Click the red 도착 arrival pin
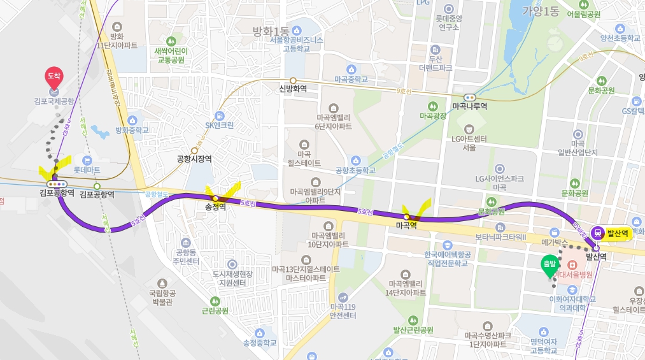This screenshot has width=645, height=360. point(53,77)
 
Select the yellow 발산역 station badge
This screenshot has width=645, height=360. point(611,234)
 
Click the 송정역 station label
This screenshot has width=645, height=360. point(216,207)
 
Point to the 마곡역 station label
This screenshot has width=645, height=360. point(406,226)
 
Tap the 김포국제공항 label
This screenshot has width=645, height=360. point(54,101)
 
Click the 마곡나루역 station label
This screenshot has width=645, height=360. point(469,106)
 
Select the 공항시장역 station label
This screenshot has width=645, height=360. point(195,159)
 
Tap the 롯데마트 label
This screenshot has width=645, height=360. point(87,170)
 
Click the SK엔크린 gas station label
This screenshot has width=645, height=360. point(220,125)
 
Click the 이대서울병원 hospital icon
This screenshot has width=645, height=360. point(572,263)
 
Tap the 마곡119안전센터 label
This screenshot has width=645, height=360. point(343,311)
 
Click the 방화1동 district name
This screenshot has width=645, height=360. point(271,30)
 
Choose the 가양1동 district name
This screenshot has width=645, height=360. point(541,11)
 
